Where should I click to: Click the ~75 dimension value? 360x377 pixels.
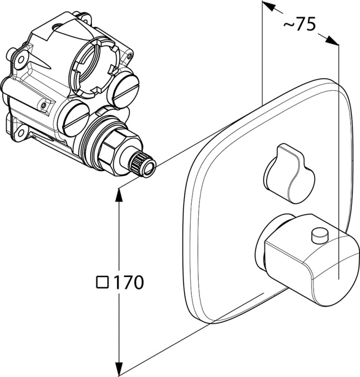coord(299,24)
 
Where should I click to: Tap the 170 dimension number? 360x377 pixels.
coord(128,282)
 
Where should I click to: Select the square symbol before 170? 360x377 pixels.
coord(102,282)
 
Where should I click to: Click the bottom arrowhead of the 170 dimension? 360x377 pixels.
coord(119,369)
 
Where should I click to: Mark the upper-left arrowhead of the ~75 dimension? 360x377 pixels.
coord(269,6)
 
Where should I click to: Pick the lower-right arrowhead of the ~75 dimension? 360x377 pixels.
coord(332,40)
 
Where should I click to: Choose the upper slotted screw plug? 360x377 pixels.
coord(123,90)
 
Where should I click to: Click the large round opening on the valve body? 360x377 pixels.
coord(93,66)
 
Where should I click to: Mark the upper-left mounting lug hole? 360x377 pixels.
coord(21,59)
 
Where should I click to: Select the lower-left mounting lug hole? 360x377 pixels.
coord(20,133)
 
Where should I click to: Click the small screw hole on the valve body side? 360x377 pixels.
coord(43,105)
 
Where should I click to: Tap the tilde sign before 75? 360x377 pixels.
coord(289,24)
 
